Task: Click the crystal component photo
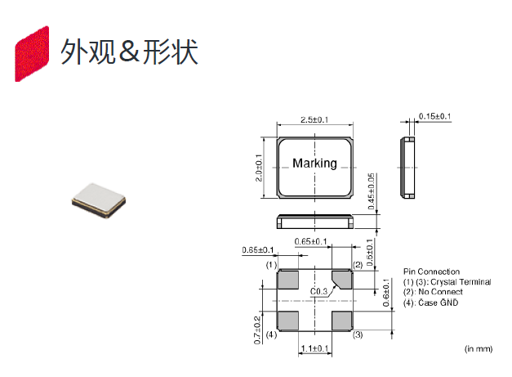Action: tap(97, 202)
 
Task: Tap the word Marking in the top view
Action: tap(314, 163)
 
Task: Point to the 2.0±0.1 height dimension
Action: tap(259, 168)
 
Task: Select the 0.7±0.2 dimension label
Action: tap(258, 329)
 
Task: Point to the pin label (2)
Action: tap(357, 266)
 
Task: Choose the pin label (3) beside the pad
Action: tap(357, 335)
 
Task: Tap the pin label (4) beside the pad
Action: tap(271, 335)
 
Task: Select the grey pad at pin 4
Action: tap(287, 320)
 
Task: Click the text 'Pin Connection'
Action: tap(431, 272)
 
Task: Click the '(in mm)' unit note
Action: tap(479, 349)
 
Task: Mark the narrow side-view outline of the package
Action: tap(408, 168)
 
